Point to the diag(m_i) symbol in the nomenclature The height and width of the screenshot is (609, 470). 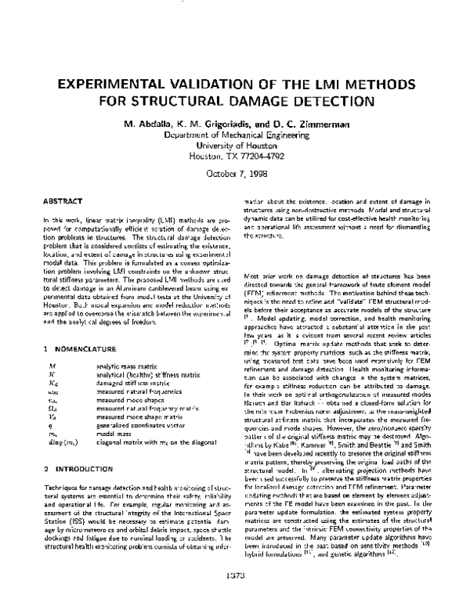tap(60, 441)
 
